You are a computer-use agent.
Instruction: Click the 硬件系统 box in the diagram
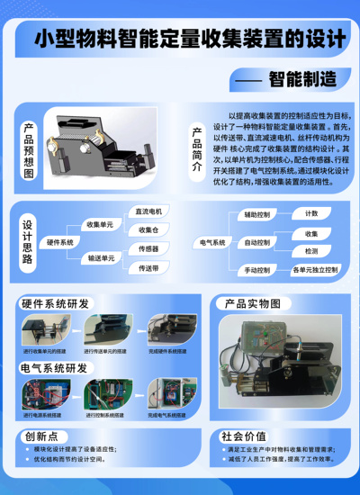(x=60, y=242)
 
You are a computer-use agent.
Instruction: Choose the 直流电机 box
(x=148, y=212)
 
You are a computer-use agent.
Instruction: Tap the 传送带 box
(x=148, y=268)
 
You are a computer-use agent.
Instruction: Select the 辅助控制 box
(x=257, y=215)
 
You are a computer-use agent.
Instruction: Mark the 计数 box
(x=311, y=214)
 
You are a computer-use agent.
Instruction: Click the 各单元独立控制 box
(x=314, y=270)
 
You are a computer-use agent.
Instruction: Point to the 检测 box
(x=310, y=251)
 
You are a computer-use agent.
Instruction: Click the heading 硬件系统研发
(x=54, y=303)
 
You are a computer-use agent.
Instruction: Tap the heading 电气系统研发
(x=54, y=368)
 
